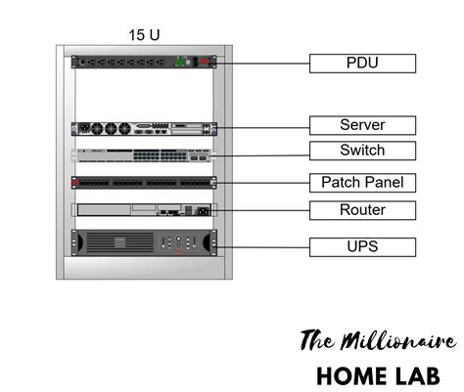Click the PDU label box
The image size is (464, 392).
pyautogui.click(x=362, y=64)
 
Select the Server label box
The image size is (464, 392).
pyautogui.click(x=362, y=125)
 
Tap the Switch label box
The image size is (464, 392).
pyautogui.click(x=362, y=151)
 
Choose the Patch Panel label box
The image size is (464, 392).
pyautogui.click(x=362, y=183)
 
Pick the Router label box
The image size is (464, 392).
pyautogui.click(x=362, y=210)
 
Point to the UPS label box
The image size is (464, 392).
pyautogui.click(x=362, y=246)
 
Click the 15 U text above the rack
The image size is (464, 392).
pyautogui.click(x=144, y=35)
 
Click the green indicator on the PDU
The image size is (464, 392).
pyautogui.click(x=179, y=62)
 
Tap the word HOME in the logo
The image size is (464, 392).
pyautogui.click(x=351, y=375)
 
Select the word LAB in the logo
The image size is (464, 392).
pyautogui.click(x=422, y=375)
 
